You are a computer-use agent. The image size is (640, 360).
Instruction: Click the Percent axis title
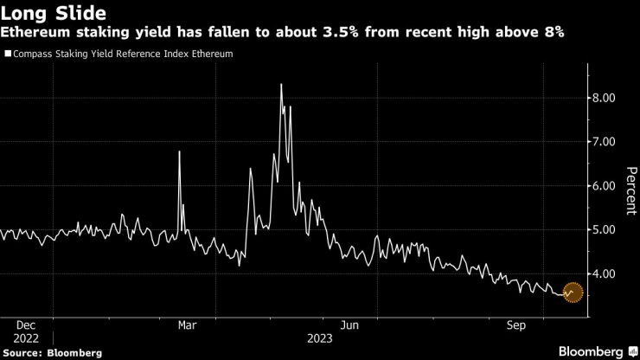pyautogui.click(x=620, y=185)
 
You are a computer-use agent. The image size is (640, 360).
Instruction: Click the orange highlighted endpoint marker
pyautogui.click(x=572, y=292)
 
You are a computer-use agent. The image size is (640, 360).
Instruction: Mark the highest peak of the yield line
pyautogui.click(x=282, y=84)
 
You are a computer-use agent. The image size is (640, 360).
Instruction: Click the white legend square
pyautogui.click(x=8, y=54)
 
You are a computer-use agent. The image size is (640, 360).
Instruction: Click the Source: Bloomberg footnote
pyautogui.click(x=52, y=352)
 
